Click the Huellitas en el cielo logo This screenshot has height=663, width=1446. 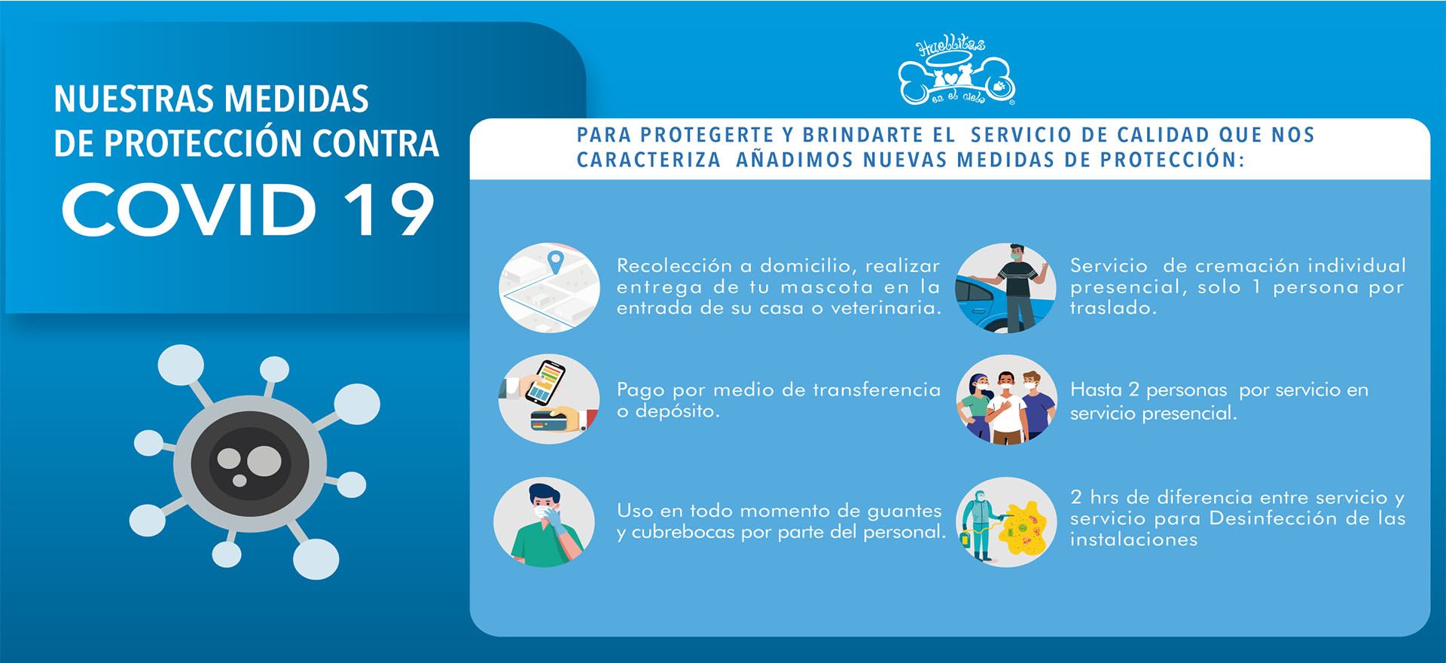coord(956,72)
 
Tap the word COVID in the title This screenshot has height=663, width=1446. coord(189,209)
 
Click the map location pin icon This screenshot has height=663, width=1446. coord(555,262)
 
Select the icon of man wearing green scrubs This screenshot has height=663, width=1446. coord(545,522)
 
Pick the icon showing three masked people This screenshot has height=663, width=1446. coord(1006,399)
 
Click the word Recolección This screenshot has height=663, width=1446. coord(674,266)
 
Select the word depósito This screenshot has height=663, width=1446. coord(678,411)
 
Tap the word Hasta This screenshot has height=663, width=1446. coord(1096,390)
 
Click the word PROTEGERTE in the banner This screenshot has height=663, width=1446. coord(707,135)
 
